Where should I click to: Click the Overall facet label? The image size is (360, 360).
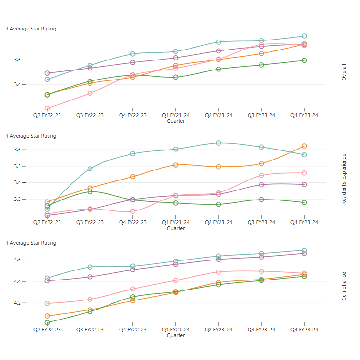344,72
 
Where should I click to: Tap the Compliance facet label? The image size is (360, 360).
344,286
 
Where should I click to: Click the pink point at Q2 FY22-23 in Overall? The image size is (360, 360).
47,109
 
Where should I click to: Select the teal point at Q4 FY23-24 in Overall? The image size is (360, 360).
304,36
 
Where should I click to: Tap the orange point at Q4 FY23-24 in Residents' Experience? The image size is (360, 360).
304,146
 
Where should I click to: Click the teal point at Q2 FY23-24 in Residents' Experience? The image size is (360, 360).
219,143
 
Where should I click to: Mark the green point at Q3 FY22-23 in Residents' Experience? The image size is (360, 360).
90,191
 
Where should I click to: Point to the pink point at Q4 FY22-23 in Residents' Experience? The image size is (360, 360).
133,211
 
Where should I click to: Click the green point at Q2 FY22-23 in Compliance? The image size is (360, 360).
47,323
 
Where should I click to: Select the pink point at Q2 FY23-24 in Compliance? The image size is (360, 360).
219,272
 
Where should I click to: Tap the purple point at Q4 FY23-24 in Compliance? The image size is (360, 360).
304,253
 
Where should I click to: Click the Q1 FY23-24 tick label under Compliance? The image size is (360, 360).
176,330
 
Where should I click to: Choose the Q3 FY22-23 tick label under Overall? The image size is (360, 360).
90,115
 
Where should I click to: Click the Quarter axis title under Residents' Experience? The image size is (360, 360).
176,229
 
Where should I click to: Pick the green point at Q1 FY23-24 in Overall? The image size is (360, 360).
176,77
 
